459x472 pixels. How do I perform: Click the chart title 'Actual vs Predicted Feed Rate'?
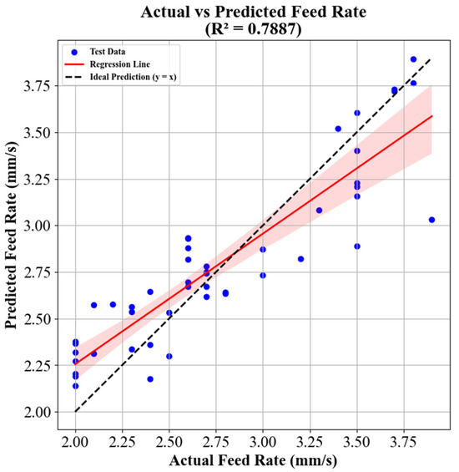click(x=250, y=12)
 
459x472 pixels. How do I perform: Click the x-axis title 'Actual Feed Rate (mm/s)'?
click(x=251, y=459)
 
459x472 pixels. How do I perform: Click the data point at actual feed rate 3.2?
click(x=300, y=259)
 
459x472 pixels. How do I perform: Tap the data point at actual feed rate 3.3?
click(x=319, y=211)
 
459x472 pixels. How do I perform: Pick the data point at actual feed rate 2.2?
click(x=113, y=304)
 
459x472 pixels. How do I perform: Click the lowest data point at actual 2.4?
click(x=150, y=379)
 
